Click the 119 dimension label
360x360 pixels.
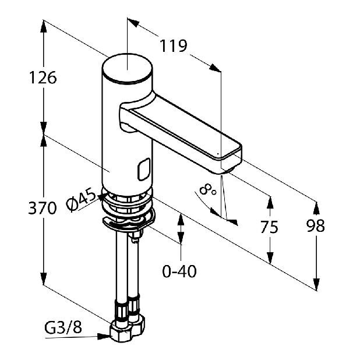174,45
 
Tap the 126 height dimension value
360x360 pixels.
43,77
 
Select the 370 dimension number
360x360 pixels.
43,208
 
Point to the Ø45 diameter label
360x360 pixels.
81,199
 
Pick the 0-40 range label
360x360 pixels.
179,271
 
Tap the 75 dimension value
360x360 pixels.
269,227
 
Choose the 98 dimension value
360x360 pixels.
316,225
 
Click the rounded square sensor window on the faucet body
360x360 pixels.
144,170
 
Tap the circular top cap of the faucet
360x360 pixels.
127,68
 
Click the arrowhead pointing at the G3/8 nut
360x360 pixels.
104,337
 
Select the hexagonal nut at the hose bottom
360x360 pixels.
128,330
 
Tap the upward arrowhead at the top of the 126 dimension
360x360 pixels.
43,26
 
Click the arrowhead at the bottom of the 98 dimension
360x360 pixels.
316,284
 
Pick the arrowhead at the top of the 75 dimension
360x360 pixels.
270,202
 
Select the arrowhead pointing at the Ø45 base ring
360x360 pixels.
102,197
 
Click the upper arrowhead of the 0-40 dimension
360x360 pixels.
181,220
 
